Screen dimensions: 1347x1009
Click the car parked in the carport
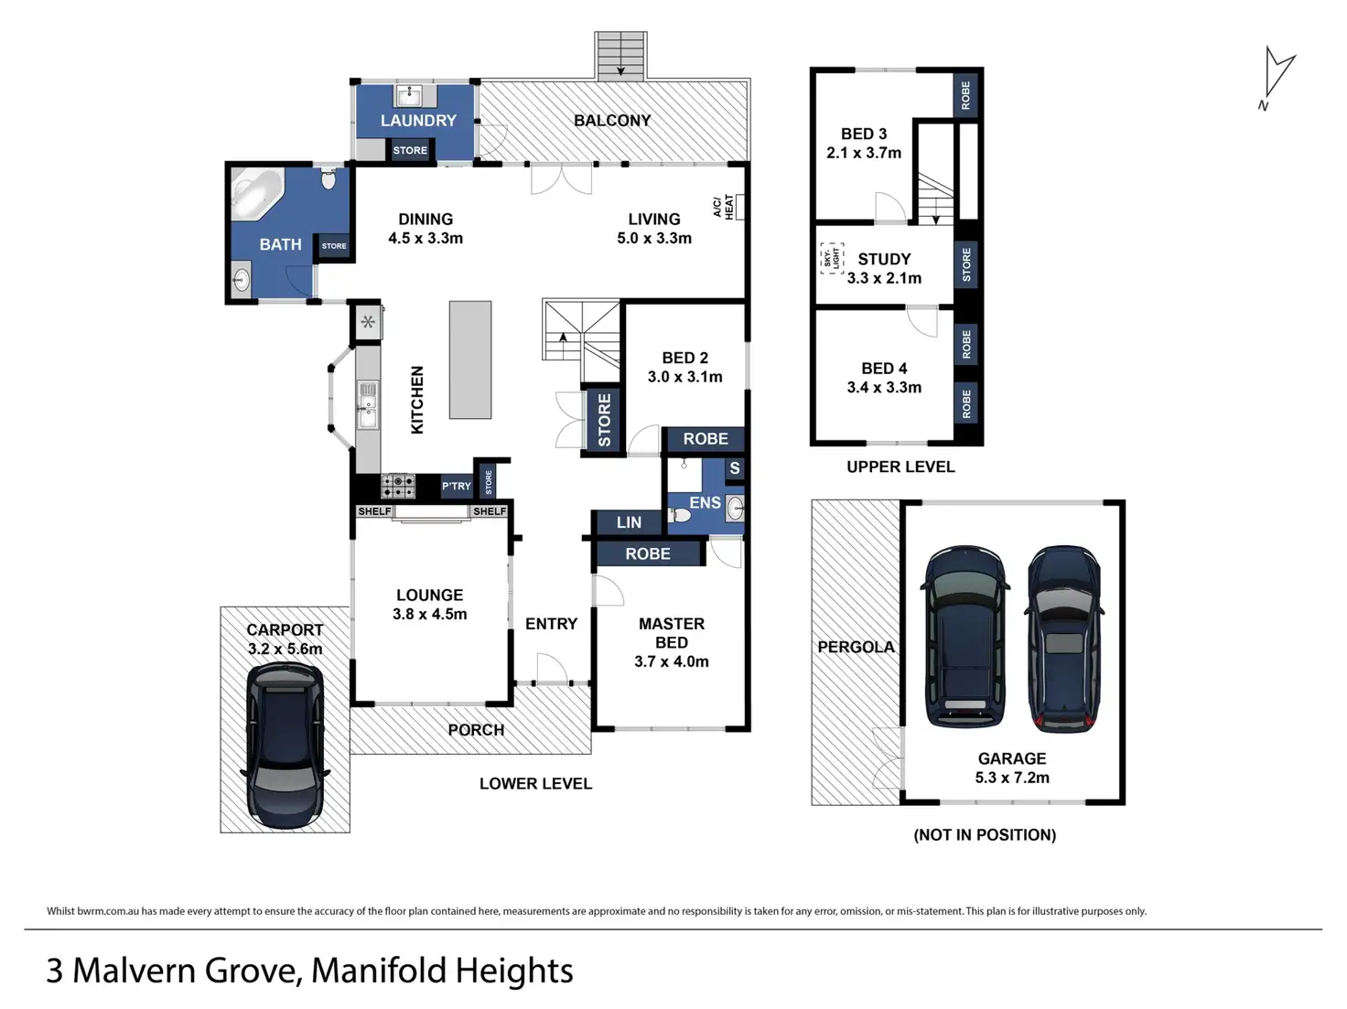285,745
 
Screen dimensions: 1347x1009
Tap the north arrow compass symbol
1277,77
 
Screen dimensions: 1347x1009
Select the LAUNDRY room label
418,120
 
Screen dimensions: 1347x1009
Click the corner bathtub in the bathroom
257,193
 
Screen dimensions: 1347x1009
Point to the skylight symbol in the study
832,258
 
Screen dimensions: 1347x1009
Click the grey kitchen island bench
470,360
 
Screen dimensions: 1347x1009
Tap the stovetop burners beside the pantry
398,487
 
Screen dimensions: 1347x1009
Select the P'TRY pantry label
457,486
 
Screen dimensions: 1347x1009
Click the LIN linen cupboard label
629,522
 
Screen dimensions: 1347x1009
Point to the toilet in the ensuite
679,515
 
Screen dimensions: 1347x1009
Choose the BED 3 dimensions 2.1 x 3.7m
864,153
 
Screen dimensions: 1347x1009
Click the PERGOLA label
857,647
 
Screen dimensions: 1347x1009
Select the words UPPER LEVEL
900,467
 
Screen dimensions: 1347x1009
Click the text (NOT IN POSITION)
985,835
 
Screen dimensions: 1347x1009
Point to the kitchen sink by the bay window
368,405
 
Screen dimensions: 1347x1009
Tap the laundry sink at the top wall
409,96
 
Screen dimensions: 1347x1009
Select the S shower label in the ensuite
735,468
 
